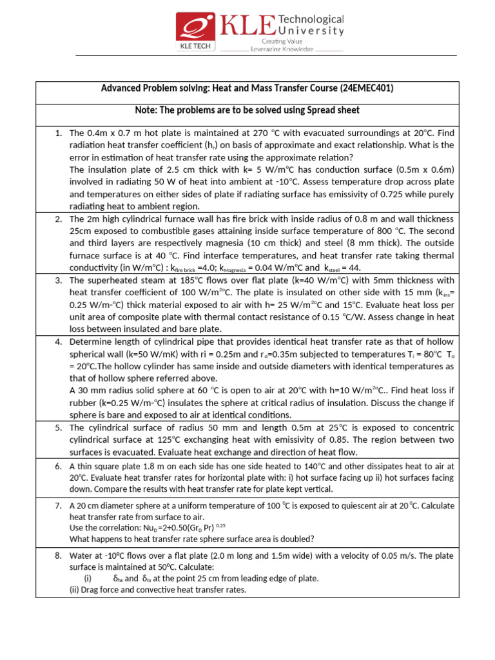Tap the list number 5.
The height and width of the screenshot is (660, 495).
[x=58, y=427]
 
